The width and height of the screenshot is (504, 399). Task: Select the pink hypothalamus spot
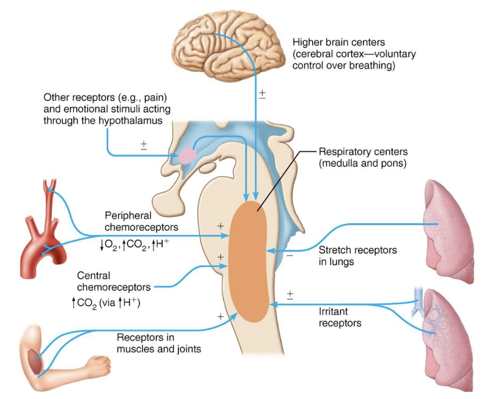pyautogui.click(x=187, y=156)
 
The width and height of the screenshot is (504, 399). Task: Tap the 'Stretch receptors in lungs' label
pyautogui.click(x=357, y=256)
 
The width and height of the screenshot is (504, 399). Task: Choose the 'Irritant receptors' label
pyautogui.click(x=340, y=317)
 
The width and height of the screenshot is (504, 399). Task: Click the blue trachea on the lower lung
pyautogui.click(x=417, y=295)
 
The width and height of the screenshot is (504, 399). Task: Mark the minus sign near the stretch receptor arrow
pyautogui.click(x=288, y=255)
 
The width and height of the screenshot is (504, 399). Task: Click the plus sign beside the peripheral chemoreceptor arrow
pyautogui.click(x=220, y=225)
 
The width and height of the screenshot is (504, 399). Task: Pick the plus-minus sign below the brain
pyautogui.click(x=261, y=94)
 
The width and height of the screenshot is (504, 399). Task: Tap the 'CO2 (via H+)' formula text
pyautogui.click(x=105, y=302)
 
